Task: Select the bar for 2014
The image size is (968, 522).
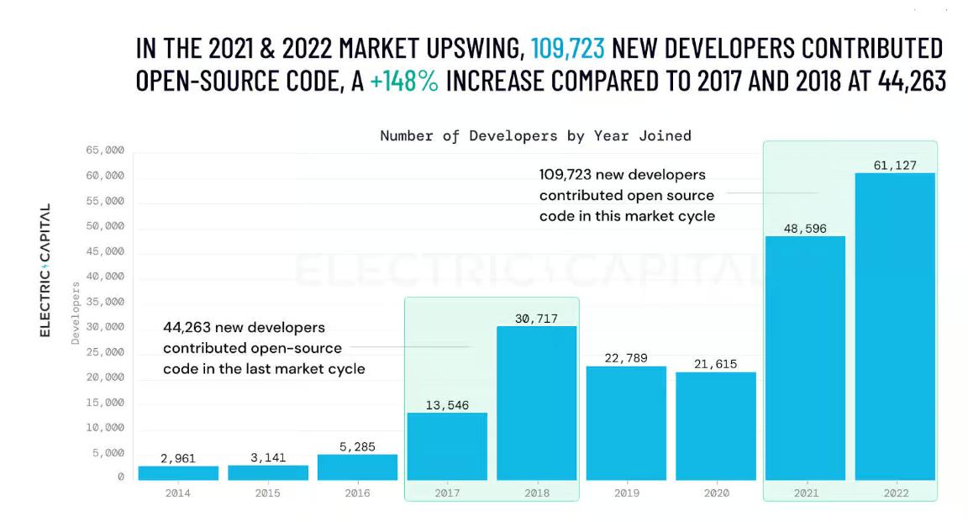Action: click(178, 473)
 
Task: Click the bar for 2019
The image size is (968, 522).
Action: click(626, 423)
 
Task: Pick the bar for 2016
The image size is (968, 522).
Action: click(357, 467)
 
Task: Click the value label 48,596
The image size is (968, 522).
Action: click(804, 229)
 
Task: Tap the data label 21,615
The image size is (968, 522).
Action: click(716, 364)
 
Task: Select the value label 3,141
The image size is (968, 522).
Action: click(268, 458)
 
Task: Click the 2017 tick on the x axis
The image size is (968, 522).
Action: click(447, 493)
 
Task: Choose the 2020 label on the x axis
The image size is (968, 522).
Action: click(716, 493)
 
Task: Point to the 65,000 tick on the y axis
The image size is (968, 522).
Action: click(105, 150)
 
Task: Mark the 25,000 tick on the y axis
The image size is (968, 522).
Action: click(105, 352)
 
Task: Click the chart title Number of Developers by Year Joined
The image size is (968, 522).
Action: click(535, 135)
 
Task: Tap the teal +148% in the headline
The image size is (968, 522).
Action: click(403, 82)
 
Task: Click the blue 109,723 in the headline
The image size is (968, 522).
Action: click(567, 48)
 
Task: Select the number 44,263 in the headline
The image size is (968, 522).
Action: click(911, 82)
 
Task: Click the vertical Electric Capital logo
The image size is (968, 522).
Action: click(45, 270)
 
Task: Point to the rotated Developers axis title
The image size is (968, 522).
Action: click(76, 314)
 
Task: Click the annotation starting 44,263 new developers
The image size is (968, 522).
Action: click(264, 348)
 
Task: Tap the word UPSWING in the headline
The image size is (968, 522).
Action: click(459, 48)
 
